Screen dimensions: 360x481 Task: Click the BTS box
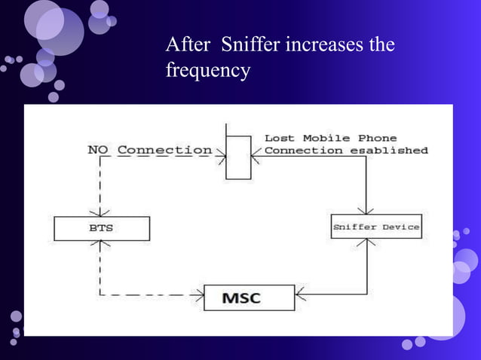click(x=102, y=228)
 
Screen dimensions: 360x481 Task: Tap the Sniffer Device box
click(x=375, y=227)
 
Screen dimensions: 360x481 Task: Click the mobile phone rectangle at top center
click(x=238, y=157)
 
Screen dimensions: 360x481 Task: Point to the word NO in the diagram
click(x=98, y=150)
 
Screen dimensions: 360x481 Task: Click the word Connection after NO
click(x=164, y=150)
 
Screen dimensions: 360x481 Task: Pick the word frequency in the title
click(x=207, y=71)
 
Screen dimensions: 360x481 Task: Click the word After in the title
click(x=185, y=45)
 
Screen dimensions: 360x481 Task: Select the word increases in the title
click(x=322, y=45)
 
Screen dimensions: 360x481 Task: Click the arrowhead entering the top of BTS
click(x=102, y=213)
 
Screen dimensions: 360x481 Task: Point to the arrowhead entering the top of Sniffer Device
click(x=366, y=211)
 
